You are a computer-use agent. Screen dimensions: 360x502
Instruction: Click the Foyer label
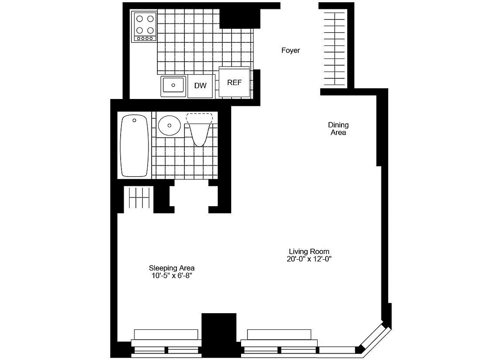291,50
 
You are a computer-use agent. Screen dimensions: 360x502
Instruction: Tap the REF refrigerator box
234,82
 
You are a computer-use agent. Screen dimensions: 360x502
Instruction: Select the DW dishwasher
200,85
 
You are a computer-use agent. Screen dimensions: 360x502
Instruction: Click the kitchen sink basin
173,85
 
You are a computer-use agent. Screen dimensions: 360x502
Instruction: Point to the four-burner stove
144,27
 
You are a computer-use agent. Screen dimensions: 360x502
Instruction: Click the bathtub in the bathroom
134,146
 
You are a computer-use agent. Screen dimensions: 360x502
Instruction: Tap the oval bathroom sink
169,125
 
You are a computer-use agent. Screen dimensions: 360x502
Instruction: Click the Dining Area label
338,129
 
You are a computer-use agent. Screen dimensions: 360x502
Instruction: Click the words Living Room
309,252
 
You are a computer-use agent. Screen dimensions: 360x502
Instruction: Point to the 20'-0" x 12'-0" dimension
309,259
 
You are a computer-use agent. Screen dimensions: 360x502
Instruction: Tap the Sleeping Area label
172,268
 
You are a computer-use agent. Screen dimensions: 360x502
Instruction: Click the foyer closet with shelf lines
335,49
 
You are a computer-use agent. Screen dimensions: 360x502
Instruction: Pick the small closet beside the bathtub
139,198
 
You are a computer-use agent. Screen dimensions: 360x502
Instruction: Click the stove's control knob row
144,39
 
